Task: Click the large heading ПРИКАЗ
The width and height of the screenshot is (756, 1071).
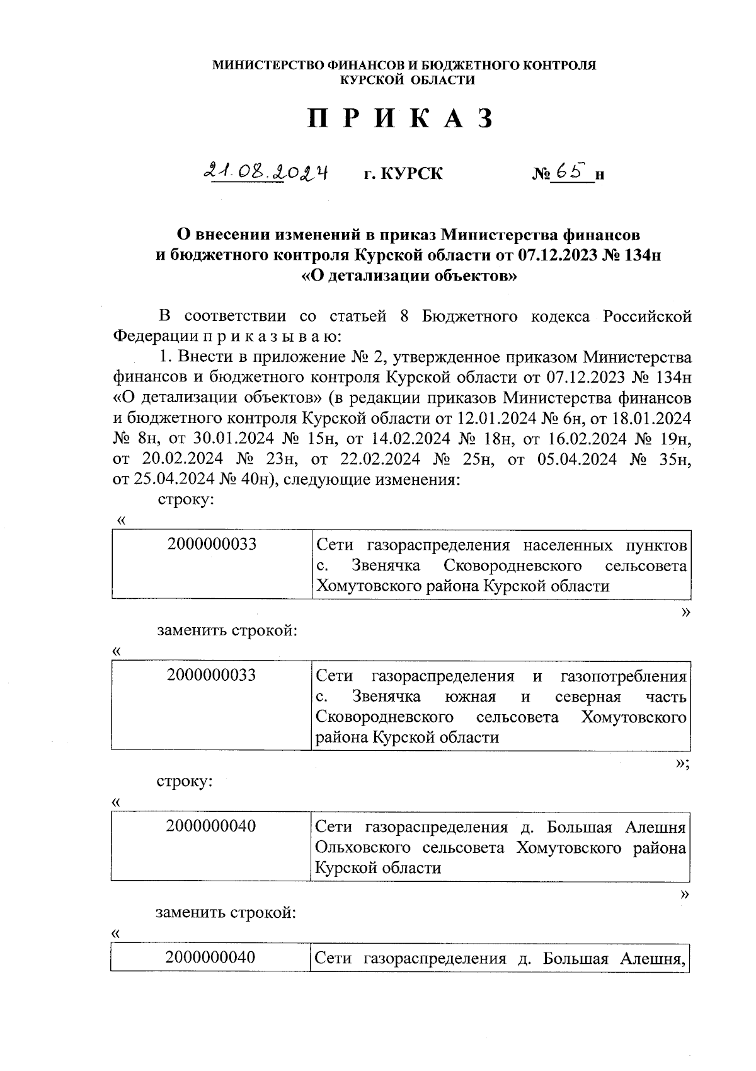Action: click(x=399, y=120)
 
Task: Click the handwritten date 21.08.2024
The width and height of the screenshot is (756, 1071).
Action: click(x=267, y=171)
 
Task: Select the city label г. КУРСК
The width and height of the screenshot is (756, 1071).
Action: click(x=403, y=173)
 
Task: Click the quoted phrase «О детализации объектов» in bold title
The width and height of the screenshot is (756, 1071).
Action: click(x=409, y=275)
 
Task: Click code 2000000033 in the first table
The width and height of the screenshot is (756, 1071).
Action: click(x=212, y=544)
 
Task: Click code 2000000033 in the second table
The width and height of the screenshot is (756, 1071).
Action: click(x=212, y=675)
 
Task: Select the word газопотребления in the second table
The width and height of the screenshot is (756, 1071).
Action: click(x=622, y=676)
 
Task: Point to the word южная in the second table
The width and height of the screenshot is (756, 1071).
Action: click(x=471, y=697)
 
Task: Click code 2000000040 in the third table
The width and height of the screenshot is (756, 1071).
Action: click(x=211, y=826)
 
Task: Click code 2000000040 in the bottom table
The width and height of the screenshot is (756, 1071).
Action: click(x=210, y=958)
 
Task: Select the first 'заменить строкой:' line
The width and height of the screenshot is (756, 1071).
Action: click(x=227, y=630)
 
